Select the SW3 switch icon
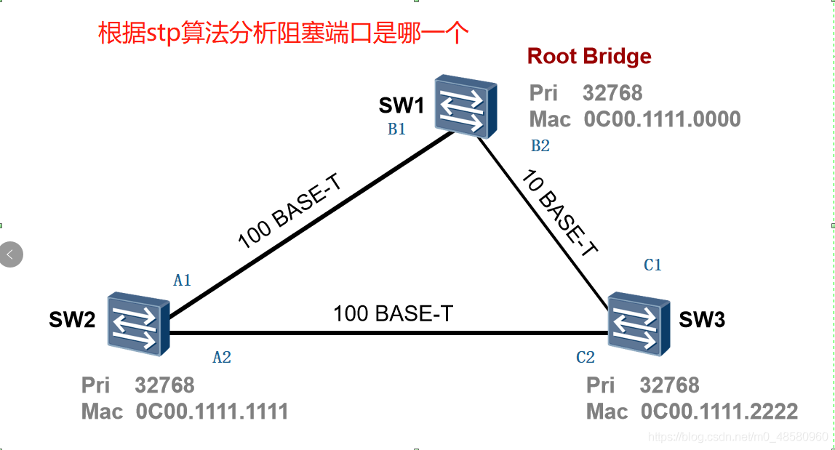tap(638, 324)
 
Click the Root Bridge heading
tap(589, 56)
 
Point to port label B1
tap(396, 129)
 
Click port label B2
tap(540, 145)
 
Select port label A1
tap(182, 280)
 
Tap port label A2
tap(222, 357)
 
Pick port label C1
tap(653, 265)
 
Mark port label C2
tap(586, 357)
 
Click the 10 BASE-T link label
tap(559, 212)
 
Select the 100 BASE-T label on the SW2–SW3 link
tap(393, 313)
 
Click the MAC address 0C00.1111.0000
tap(662, 119)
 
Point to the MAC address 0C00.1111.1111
tap(212, 411)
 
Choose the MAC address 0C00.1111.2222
tap(719, 411)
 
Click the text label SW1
tap(401, 106)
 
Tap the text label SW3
tap(702, 319)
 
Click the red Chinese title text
tap(284, 33)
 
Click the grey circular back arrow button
tap(11, 254)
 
